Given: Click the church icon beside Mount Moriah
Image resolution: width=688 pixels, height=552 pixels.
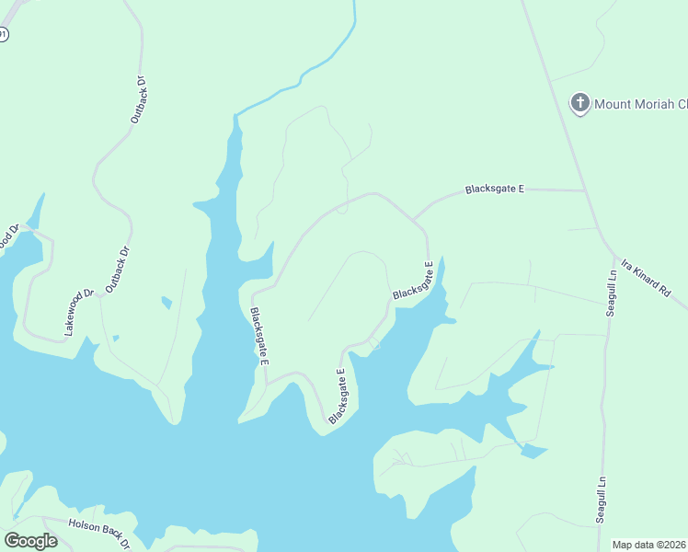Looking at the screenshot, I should pyautogui.click(x=579, y=103).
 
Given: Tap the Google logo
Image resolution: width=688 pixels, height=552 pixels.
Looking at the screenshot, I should pyautogui.click(x=30, y=540).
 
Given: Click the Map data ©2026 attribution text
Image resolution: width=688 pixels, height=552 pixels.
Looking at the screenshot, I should pyautogui.click(x=648, y=545).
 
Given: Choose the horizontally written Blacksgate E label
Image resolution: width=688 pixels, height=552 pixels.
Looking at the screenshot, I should pyautogui.click(x=494, y=190).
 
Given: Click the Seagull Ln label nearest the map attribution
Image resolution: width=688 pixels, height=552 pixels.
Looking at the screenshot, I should pyautogui.click(x=602, y=500).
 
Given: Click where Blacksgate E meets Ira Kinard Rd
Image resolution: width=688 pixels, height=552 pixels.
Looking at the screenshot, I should pyautogui.click(x=586, y=191).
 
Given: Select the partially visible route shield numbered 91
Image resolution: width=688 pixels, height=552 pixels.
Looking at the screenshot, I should pyautogui.click(x=3, y=34).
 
